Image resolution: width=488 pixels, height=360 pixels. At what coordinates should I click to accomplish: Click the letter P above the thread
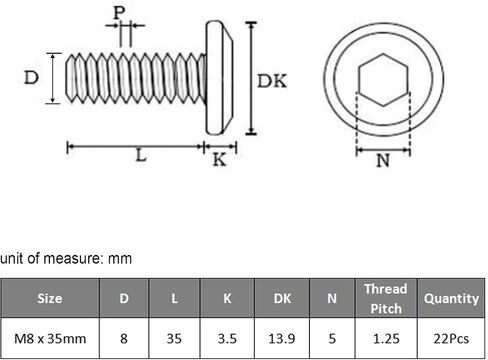[x=119, y=13]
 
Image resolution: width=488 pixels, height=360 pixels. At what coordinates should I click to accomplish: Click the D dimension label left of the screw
[x=31, y=78]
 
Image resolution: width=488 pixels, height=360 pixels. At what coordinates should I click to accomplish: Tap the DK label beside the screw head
[x=272, y=81]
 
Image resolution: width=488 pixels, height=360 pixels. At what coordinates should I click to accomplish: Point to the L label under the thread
[x=141, y=155]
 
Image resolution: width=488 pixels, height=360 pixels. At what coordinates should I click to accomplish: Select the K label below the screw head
[x=219, y=160]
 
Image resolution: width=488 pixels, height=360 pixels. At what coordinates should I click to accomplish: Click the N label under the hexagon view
[x=383, y=161]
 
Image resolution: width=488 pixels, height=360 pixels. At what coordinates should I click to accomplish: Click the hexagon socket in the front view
[x=383, y=80]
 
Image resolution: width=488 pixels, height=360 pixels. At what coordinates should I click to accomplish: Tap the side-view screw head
[x=219, y=78]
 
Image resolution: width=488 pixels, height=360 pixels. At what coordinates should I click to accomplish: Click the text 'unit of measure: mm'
[x=66, y=258]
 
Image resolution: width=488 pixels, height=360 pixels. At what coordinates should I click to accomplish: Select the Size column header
[x=50, y=298]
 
